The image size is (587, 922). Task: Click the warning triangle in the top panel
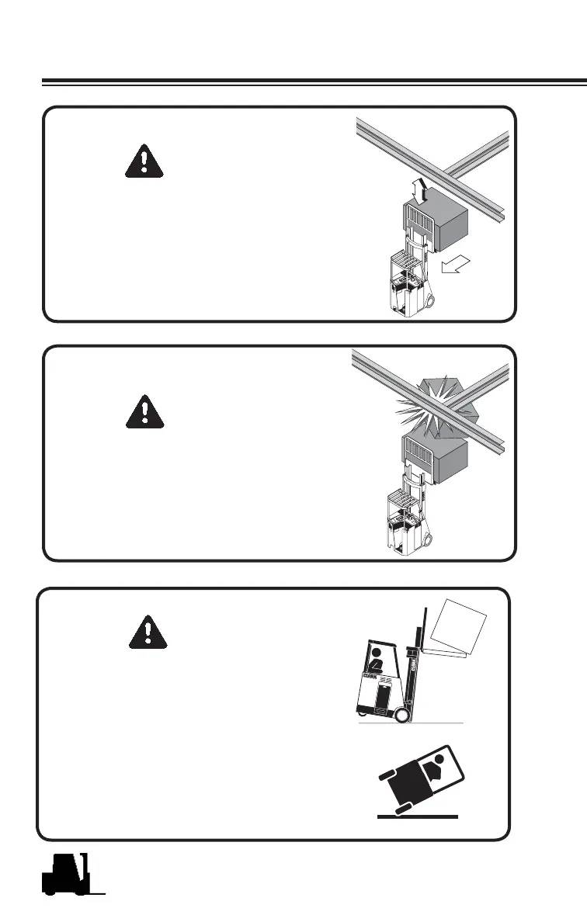pos(144,161)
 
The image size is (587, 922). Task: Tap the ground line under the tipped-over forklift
pos(418,817)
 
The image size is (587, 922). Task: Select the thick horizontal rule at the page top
pos(311,81)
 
